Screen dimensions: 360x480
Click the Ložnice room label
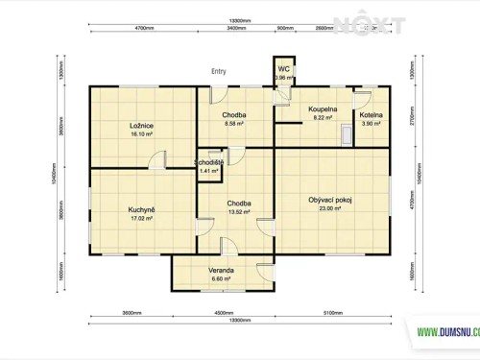tap(142, 125)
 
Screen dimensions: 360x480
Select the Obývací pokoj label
tap(330, 200)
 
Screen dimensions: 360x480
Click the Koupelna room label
tap(323, 110)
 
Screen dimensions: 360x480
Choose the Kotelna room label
tap(372, 115)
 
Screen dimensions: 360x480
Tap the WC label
tap(284, 70)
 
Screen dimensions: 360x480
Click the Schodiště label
tap(209, 162)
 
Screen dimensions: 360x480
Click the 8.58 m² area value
tap(235, 124)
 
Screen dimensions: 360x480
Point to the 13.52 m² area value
tap(239, 212)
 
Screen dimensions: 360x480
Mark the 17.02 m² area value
tap(142, 219)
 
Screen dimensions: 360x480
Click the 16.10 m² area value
tap(142, 134)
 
